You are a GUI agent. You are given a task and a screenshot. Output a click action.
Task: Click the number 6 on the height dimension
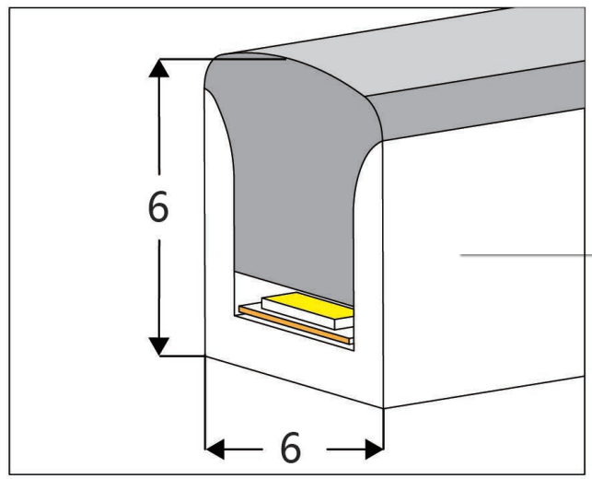(x=158, y=209)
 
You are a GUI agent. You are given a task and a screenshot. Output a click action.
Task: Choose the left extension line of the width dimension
(x=203, y=405)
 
